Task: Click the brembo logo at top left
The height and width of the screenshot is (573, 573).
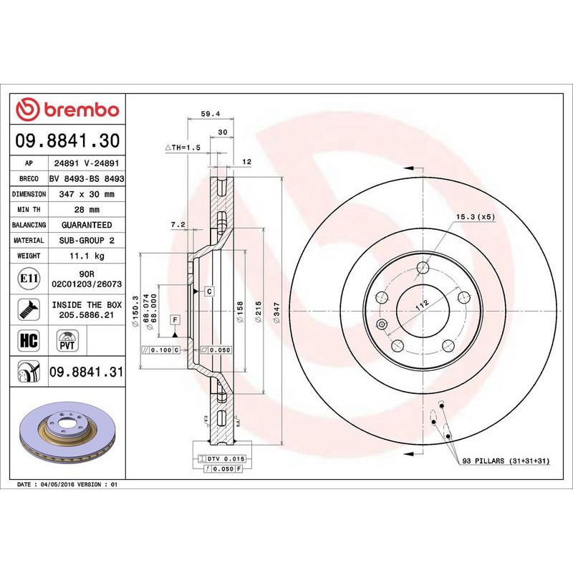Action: (x=67, y=110)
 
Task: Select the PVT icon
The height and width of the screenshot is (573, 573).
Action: (x=67, y=340)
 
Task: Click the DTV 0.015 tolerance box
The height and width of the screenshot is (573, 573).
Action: (x=226, y=458)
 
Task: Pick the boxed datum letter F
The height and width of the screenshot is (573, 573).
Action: (x=173, y=318)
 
